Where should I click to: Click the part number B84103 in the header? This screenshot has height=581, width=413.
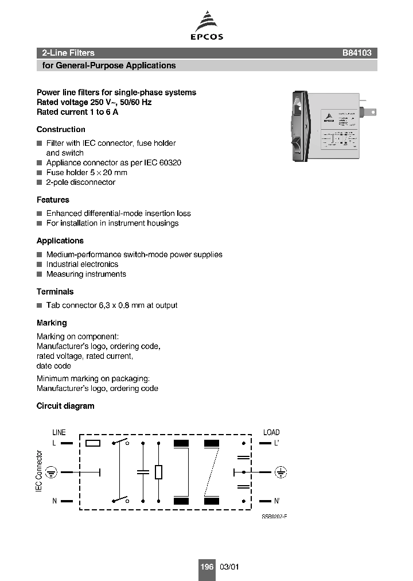(357, 53)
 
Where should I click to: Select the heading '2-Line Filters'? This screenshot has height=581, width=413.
(68, 53)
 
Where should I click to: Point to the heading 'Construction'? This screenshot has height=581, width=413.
(61, 130)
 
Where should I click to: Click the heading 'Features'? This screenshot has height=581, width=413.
(53, 200)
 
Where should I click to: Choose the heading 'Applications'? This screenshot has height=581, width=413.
(60, 241)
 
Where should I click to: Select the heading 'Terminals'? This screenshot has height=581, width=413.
(55, 292)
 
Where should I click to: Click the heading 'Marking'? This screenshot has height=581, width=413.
(52, 323)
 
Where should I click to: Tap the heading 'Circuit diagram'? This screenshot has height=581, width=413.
(65, 406)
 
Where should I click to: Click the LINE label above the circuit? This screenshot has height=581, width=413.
(59, 432)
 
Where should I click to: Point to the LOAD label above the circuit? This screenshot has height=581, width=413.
(271, 432)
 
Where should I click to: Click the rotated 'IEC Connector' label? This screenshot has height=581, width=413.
(40, 471)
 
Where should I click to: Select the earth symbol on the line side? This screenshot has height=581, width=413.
(51, 472)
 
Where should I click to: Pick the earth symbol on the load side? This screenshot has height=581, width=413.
(280, 472)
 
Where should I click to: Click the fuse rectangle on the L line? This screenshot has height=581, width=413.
(93, 443)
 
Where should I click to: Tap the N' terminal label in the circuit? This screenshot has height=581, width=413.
(277, 501)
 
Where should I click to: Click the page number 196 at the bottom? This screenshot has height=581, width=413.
(206, 567)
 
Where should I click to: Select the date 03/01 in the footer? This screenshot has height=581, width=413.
(229, 567)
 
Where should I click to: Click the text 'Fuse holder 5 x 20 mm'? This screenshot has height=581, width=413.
(87, 172)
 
